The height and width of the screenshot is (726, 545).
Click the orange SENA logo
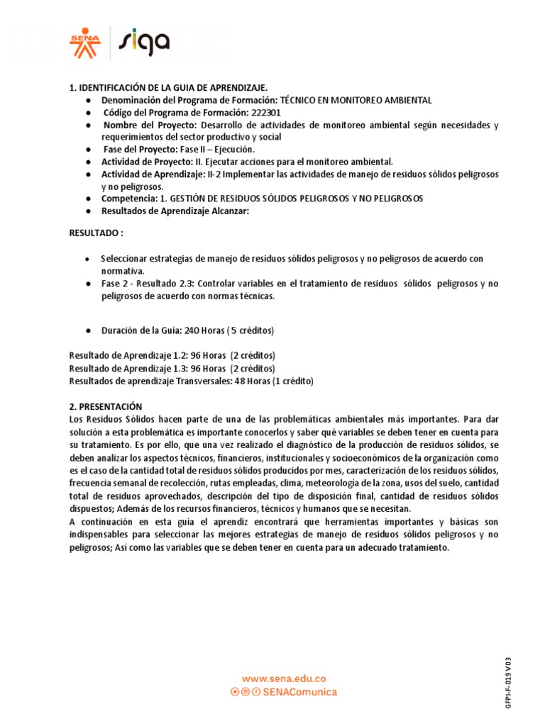click(x=85, y=43)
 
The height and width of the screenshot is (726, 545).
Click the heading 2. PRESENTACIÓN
click(x=105, y=406)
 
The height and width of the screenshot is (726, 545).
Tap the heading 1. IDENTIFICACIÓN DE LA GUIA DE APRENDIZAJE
click(x=168, y=88)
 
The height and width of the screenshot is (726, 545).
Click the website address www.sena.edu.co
click(x=284, y=678)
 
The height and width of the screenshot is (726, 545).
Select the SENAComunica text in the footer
click(x=299, y=692)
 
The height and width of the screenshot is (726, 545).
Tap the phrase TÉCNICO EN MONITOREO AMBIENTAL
click(x=356, y=101)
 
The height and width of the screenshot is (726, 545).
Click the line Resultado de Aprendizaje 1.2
click(x=172, y=355)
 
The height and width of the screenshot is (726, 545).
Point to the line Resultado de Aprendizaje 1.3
click(x=172, y=368)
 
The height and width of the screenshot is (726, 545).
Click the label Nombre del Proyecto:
click(x=152, y=125)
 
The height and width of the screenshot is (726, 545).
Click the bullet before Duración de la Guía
click(x=87, y=331)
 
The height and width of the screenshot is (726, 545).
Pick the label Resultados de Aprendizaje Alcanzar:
click(x=175, y=211)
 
